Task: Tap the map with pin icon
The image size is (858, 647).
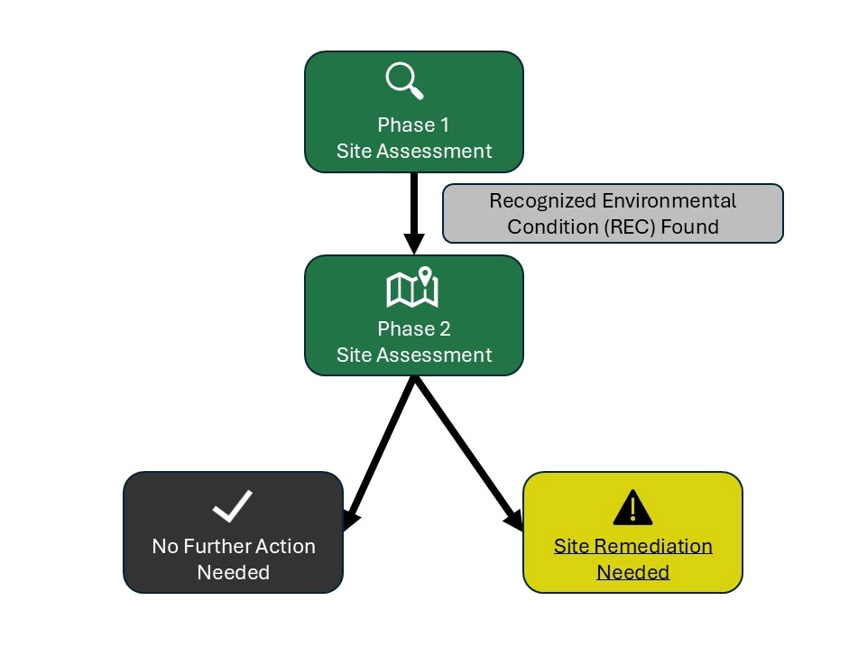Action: click(x=412, y=287)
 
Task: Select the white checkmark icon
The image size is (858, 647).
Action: click(x=233, y=507)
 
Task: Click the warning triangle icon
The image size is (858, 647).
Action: click(x=632, y=509)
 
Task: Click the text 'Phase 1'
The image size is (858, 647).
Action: click(x=413, y=125)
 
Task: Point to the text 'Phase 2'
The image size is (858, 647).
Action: click(x=413, y=328)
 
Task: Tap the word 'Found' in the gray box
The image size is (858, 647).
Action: click(x=689, y=226)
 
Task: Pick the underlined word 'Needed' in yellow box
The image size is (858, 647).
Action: click(x=633, y=572)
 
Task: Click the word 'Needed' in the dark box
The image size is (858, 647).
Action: click(x=233, y=572)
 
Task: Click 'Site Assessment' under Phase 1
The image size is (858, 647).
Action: click(x=414, y=151)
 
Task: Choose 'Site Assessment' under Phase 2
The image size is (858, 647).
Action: click(x=414, y=355)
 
